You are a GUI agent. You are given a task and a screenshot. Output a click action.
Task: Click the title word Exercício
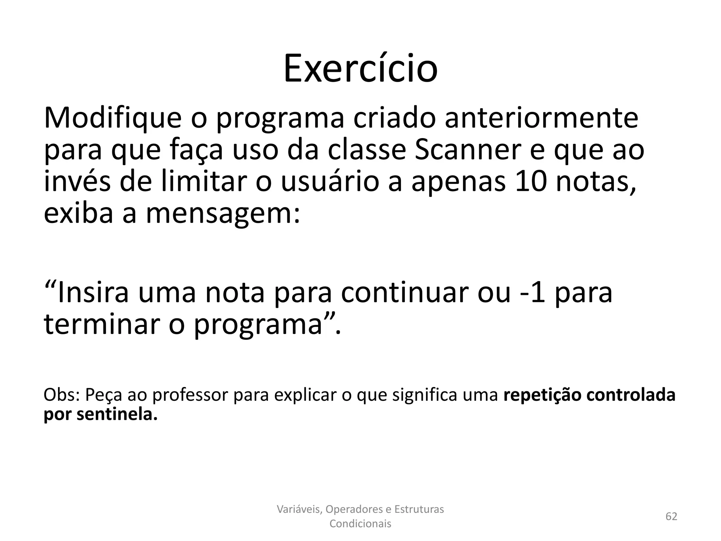click(x=360, y=68)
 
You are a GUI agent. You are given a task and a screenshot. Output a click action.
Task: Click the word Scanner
click(x=468, y=150)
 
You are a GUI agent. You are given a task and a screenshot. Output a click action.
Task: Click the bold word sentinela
click(x=117, y=414)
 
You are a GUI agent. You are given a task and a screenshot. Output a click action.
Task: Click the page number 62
click(x=671, y=516)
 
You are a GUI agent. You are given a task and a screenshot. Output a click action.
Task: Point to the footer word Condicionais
click(x=360, y=524)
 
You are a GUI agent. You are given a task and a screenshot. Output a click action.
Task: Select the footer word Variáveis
click(x=299, y=509)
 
